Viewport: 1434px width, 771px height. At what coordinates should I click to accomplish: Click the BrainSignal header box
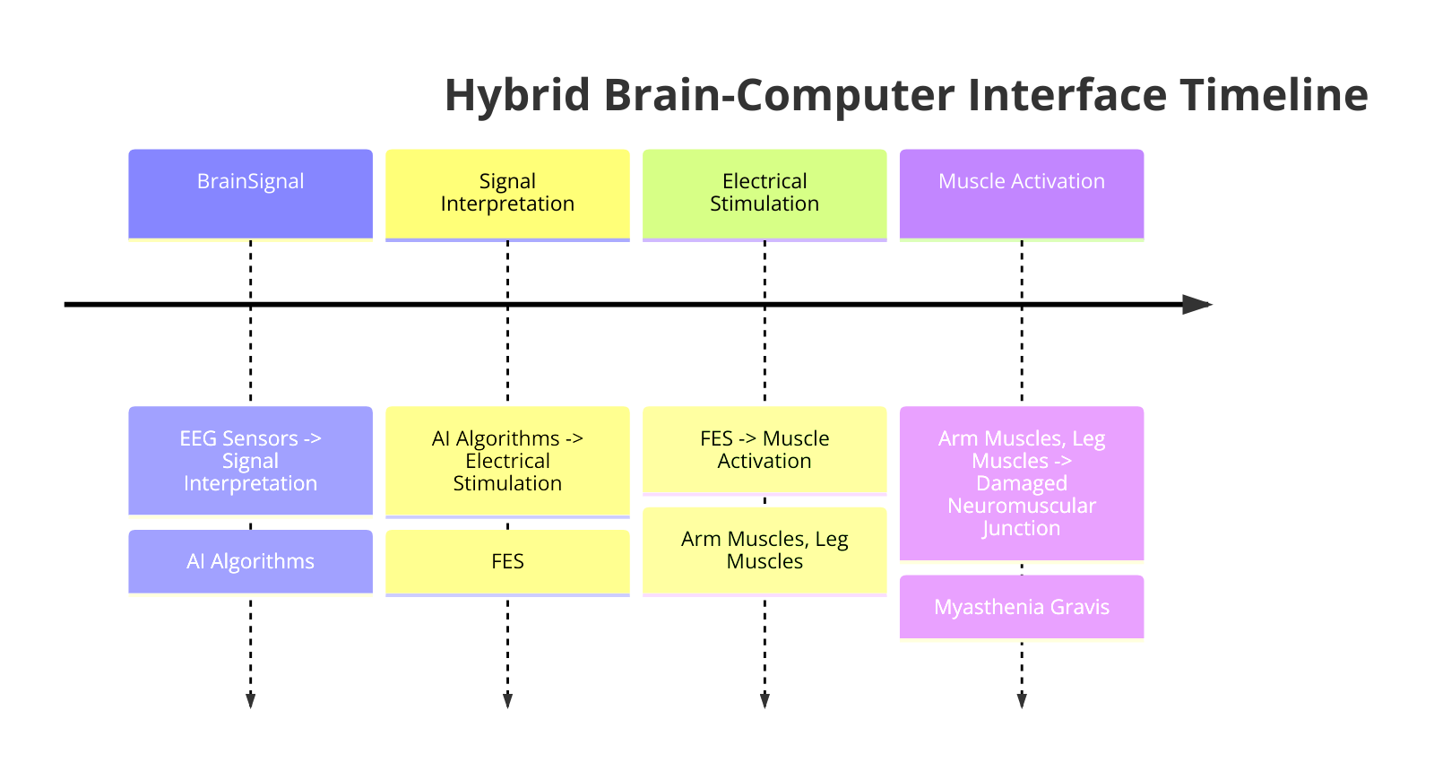click(x=250, y=194)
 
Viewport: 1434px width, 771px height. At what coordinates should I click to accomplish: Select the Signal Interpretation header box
click(x=507, y=194)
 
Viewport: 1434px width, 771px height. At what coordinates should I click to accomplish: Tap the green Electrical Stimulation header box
click(x=765, y=194)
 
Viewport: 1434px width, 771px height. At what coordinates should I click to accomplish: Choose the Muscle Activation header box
click(x=1022, y=194)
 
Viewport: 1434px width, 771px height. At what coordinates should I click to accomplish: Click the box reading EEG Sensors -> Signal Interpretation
click(x=250, y=461)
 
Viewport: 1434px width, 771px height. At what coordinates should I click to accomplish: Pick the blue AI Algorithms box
click(x=250, y=561)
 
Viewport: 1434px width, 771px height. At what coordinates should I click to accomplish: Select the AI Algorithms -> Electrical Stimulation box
click(x=507, y=461)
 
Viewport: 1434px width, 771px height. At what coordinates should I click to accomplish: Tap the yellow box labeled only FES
click(x=507, y=561)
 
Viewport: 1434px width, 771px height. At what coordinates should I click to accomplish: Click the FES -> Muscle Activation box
click(x=765, y=450)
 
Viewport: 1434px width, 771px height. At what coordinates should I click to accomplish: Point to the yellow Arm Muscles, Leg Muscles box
click(x=765, y=550)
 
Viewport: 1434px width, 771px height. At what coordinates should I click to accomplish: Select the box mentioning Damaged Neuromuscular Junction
click(x=1022, y=483)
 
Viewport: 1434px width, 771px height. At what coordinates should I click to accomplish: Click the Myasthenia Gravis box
click(x=1022, y=607)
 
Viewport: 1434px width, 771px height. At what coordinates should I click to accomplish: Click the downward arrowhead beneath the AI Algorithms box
click(x=250, y=700)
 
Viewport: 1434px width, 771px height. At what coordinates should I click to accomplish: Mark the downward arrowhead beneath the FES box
click(x=507, y=700)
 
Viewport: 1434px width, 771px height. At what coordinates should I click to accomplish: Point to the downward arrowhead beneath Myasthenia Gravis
click(x=1022, y=700)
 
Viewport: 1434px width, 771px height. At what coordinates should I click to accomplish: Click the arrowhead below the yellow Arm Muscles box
click(x=765, y=700)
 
